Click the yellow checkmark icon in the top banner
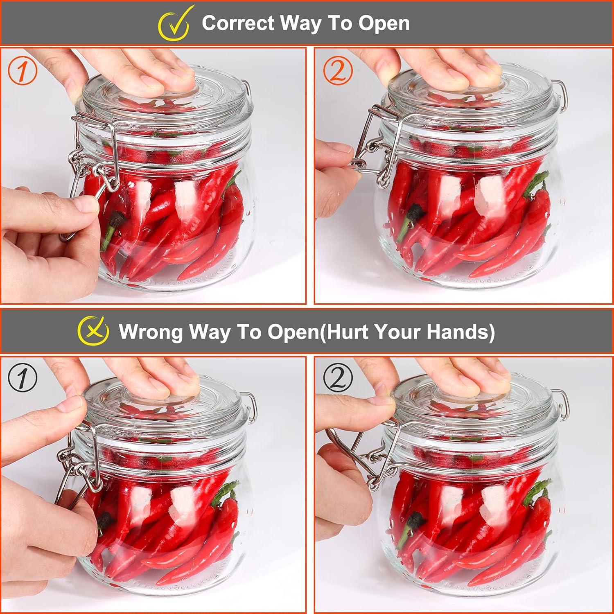tap(174, 23)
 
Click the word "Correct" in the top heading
tap(238, 23)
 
